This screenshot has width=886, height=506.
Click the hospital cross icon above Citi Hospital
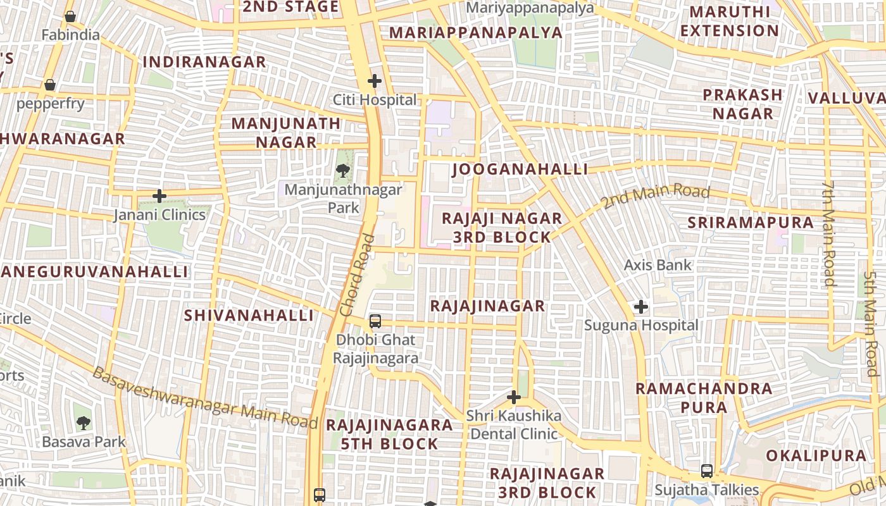coord(375,81)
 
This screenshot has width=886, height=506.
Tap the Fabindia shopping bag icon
coord(70,16)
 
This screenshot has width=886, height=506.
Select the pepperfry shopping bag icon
coord(50,85)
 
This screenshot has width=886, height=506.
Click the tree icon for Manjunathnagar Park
coord(342,170)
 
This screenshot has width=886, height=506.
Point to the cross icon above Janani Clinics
coord(159,196)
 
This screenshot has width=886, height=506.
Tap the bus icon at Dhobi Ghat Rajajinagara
coord(375,321)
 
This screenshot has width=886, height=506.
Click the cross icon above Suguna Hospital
coord(641,307)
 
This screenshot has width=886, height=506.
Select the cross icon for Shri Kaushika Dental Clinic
coord(514,397)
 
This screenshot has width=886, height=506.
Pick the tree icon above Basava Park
coord(83,423)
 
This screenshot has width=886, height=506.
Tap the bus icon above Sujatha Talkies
coord(707,471)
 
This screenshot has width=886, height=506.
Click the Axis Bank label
coord(658,265)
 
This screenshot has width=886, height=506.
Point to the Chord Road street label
coord(357,276)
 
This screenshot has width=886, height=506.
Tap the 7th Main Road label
coord(830,233)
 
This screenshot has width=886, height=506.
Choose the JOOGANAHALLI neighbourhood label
coord(520,170)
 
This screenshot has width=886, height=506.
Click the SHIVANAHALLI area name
coord(249,315)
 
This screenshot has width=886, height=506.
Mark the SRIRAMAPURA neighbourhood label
coord(751,223)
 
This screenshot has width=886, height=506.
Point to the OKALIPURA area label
coord(816,456)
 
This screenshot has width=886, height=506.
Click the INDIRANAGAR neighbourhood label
coord(204,62)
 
